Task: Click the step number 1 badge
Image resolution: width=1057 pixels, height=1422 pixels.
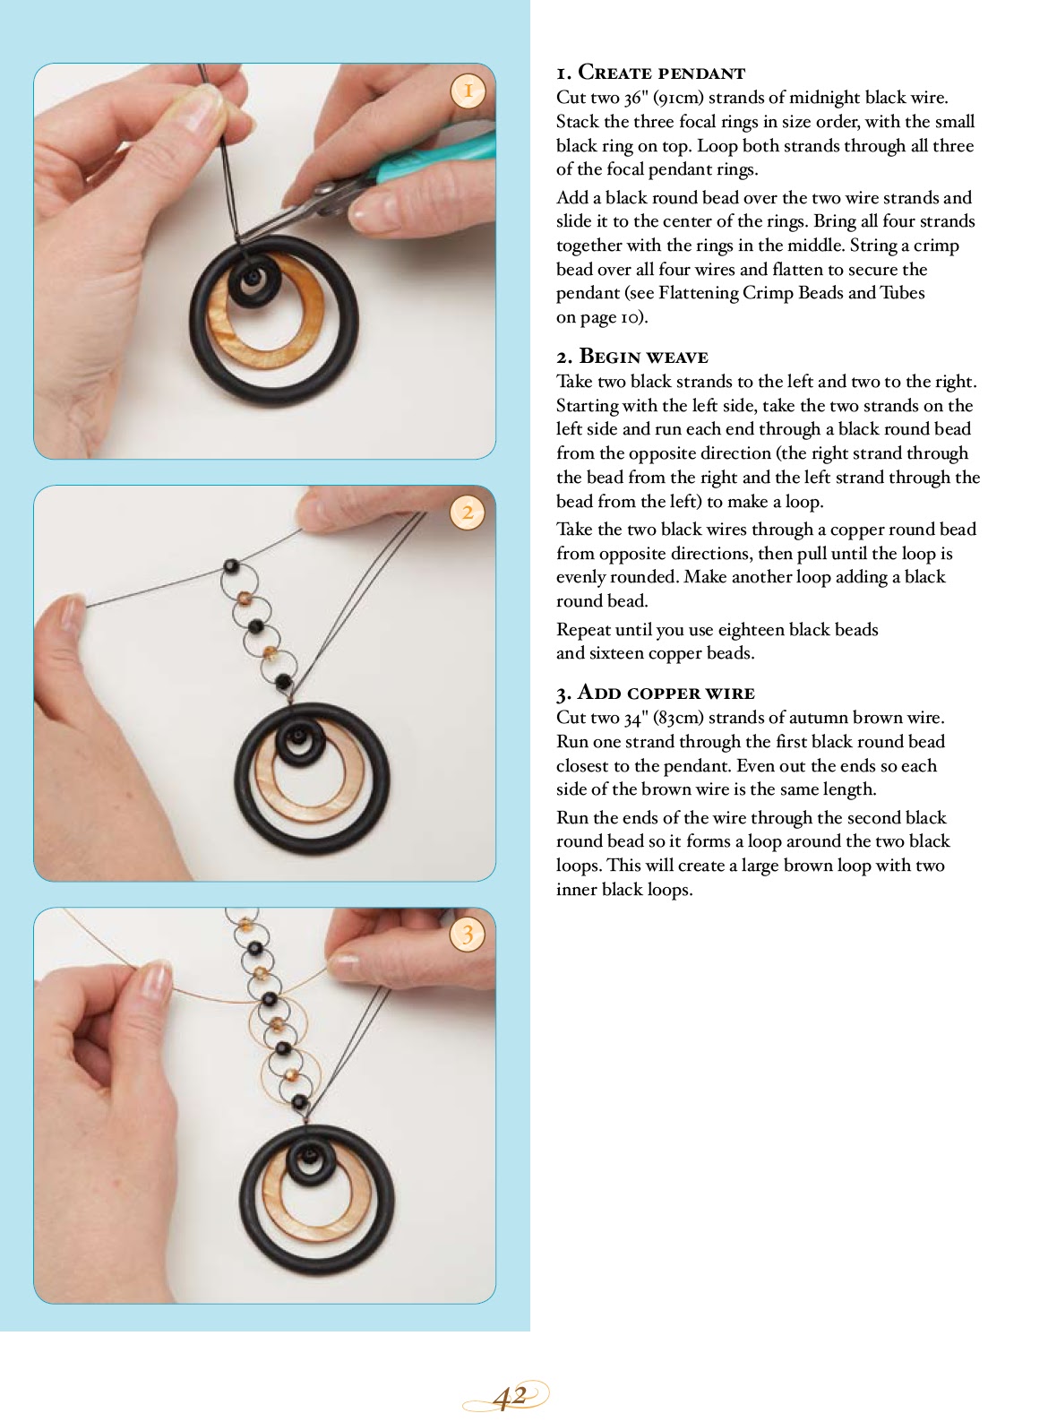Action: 468,90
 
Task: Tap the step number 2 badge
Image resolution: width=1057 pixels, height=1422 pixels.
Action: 468,513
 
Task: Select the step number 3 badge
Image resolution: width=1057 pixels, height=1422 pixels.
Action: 468,935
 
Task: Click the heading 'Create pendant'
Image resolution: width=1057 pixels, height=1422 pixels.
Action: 650,73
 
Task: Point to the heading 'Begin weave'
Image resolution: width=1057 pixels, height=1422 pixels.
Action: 632,357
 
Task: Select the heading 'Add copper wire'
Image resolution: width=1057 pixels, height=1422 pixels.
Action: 656,693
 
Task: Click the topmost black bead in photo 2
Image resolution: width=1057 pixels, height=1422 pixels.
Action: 231,566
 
